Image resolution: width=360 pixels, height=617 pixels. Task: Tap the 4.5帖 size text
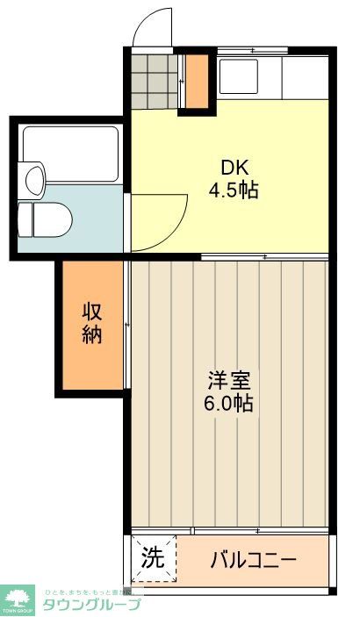233,190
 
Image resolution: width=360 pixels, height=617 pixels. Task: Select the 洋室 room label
230,382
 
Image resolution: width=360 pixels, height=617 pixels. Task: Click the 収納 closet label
93,322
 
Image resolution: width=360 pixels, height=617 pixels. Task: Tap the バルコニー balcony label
254,559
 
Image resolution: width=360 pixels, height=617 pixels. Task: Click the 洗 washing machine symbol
153,558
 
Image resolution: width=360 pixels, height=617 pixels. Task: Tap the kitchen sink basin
238,76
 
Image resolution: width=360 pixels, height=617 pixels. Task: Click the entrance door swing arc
153,26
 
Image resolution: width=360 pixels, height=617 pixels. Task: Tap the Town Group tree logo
18,600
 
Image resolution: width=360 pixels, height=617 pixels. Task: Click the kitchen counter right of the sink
304,77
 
